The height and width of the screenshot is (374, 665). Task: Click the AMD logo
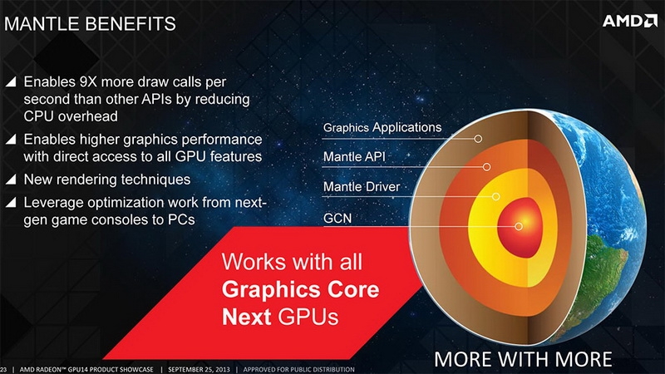(630, 21)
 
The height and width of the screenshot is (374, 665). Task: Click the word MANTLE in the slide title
(42, 24)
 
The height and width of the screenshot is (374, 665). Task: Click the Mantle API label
(354, 157)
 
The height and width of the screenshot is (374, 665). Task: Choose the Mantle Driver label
(362, 186)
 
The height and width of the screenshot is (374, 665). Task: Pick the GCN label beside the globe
(337, 218)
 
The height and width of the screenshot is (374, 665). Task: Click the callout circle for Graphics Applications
(478, 139)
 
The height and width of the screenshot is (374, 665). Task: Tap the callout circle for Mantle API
(487, 167)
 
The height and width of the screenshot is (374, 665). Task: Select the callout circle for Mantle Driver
(495, 196)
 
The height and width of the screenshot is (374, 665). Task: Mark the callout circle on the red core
(518, 226)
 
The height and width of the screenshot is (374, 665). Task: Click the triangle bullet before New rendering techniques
(11, 180)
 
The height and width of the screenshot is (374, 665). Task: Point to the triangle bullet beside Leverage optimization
(11, 202)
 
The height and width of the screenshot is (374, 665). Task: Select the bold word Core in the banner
(353, 289)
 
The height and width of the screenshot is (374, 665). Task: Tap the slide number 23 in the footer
(3, 370)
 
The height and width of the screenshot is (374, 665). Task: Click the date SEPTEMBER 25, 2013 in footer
(199, 369)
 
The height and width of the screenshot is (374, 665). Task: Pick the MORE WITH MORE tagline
(523, 359)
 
